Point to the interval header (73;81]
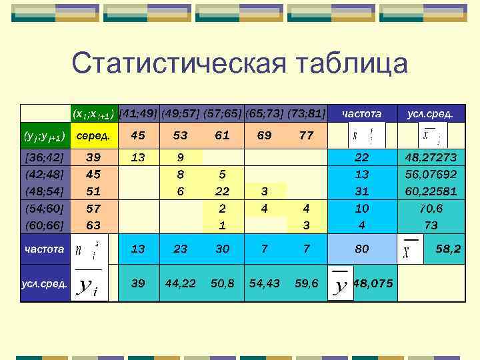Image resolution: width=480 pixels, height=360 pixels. pos(306,114)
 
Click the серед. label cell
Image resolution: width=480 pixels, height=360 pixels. pos(94,135)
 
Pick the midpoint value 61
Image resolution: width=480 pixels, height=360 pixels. pos(222,135)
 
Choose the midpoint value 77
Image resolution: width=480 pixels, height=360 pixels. pos(306,135)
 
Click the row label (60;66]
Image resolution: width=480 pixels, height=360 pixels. pos(43,225)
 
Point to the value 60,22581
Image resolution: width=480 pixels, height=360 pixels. pos(431,191)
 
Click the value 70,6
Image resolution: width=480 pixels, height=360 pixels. pos(431,208)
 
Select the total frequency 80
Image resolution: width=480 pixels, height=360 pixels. pos(361,249)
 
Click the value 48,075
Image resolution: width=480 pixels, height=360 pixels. pos(373,283)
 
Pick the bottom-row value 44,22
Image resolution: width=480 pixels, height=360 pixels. pos(180,283)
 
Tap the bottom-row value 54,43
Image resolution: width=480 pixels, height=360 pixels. pos(264,283)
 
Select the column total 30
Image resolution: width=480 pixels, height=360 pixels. pos(222,249)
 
